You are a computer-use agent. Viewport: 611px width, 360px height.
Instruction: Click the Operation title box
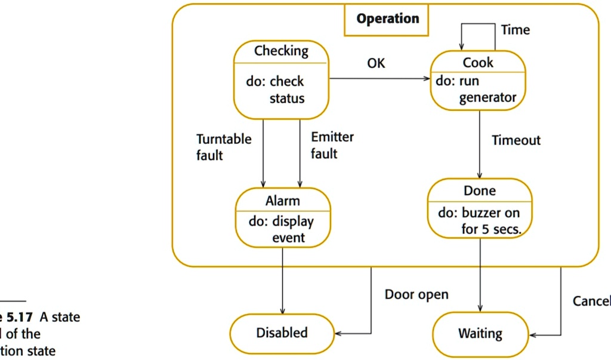tap(387, 19)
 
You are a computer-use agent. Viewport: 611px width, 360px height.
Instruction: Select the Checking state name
tap(281, 51)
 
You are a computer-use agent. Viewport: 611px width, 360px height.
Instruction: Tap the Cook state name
tap(478, 62)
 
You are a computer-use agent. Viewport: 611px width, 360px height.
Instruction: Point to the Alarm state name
tap(282, 201)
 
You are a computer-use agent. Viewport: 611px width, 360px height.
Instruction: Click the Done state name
tap(480, 190)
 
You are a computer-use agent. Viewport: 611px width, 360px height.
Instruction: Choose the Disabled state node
tap(282, 333)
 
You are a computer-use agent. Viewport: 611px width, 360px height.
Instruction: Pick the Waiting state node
tap(480, 334)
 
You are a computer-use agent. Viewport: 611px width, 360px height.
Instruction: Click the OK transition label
tap(376, 63)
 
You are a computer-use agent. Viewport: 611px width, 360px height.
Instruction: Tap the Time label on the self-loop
tap(516, 30)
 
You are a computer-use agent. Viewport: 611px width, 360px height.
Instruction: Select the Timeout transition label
tap(516, 140)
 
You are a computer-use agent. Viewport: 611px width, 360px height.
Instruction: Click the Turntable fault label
tap(224, 147)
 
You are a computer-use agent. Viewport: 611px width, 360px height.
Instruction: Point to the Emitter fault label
tap(332, 145)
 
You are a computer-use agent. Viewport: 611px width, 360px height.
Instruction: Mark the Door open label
tap(416, 295)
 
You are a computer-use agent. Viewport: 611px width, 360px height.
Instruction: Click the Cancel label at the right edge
tap(591, 301)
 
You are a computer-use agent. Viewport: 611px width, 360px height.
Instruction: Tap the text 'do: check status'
tap(277, 90)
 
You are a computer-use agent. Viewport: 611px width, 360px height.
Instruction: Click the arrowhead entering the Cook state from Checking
tap(427, 79)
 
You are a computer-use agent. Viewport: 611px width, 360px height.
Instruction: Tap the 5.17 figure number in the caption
tap(20, 317)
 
